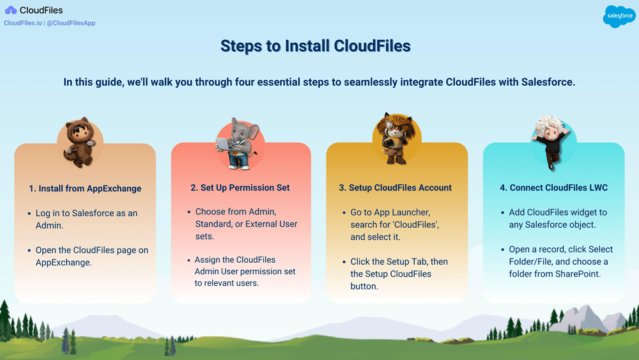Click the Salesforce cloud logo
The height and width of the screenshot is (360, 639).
click(619, 16)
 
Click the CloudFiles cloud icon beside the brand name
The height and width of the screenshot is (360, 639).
click(11, 10)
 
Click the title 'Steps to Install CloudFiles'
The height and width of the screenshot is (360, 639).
click(315, 46)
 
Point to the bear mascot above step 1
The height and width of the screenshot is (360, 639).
click(80, 141)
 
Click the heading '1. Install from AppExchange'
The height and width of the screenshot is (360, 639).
click(85, 189)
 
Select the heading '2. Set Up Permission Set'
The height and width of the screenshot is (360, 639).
click(240, 188)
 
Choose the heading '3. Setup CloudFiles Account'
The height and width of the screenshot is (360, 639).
click(395, 188)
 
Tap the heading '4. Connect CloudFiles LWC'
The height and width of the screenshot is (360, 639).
click(553, 188)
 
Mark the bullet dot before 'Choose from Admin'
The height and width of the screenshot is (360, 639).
click(188, 212)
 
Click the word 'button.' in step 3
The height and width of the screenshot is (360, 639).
click(366, 286)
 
